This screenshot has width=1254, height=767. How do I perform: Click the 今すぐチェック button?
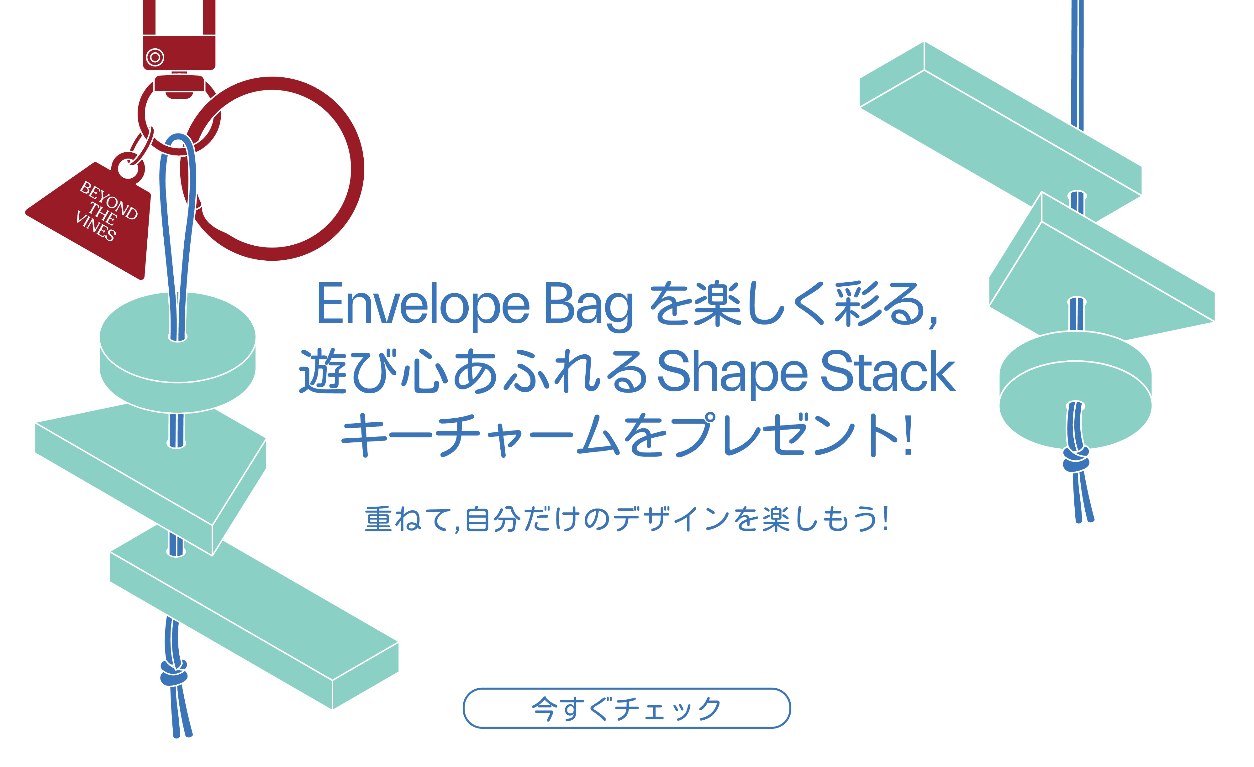point(626,708)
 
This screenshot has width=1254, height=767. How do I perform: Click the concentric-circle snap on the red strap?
point(155,57)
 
